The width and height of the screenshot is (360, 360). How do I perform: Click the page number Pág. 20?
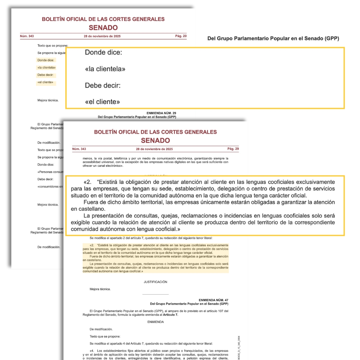tap(181, 36)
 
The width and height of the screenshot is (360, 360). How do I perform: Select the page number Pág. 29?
tap(233, 149)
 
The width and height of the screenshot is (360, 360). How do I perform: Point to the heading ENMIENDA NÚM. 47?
tap(213, 300)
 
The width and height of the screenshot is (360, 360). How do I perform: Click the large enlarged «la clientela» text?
tap(105, 69)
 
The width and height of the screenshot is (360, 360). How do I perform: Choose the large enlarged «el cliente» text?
tap(102, 102)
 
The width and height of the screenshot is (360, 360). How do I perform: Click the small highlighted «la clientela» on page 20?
tap(46, 68)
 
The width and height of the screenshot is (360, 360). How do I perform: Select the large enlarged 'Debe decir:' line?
tap(102, 85)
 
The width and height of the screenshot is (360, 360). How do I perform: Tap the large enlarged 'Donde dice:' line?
tap(104, 53)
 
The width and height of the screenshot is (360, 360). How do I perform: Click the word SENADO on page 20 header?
tap(103, 28)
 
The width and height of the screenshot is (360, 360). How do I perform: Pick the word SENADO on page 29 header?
tap(155, 140)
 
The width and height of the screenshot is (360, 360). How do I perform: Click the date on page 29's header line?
tap(154, 149)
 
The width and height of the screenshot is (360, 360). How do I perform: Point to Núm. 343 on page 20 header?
tap(27, 36)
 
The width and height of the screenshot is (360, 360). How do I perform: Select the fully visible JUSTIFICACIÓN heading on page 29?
tap(155, 282)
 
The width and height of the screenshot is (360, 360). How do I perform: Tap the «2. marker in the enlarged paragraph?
tap(87, 182)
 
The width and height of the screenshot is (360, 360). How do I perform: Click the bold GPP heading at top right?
tap(273, 38)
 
